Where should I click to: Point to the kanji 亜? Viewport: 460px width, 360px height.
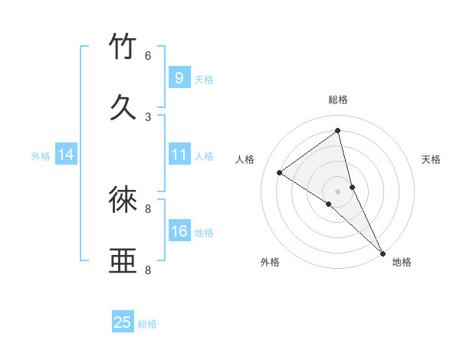tap(123, 261)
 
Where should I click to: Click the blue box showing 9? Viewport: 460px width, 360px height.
tap(179, 77)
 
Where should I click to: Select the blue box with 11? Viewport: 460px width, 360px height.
tap(179, 155)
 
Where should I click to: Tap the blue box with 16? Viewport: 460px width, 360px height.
tap(179, 231)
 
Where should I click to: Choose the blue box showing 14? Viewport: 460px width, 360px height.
tap(65, 155)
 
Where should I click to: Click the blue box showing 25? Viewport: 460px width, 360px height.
tap(123, 322)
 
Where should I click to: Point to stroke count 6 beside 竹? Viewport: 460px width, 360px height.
tap(147, 56)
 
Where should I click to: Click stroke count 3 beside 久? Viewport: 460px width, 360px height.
tap(147, 116)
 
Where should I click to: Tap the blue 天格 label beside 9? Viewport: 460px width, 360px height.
tap(204, 80)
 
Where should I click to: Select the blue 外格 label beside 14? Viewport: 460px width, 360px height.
tap(41, 156)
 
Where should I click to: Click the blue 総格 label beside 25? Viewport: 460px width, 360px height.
tap(147, 324)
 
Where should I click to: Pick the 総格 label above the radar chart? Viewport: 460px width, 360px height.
tap(338, 100)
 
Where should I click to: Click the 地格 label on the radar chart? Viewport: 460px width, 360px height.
tap(402, 262)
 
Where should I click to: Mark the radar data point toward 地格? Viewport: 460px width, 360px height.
tap(383, 253)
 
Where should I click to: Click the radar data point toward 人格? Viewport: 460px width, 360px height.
tap(279, 172)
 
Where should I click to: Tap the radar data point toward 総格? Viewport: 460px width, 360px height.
tap(338, 131)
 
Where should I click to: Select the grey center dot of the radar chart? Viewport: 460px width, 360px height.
tap(338, 191)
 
